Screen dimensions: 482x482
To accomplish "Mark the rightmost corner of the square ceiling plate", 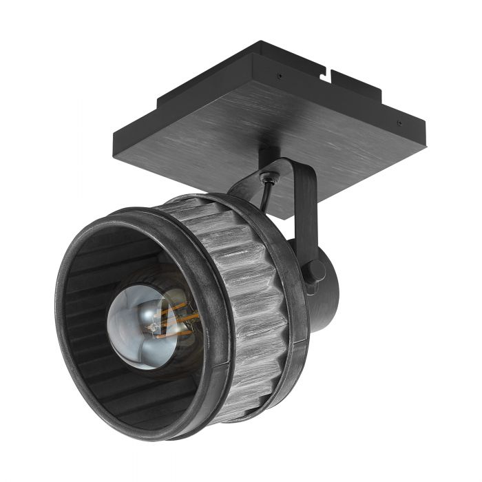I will pyautogui.click(x=424, y=124).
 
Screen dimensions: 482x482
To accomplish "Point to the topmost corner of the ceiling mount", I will pyautogui.click(x=262, y=43).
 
